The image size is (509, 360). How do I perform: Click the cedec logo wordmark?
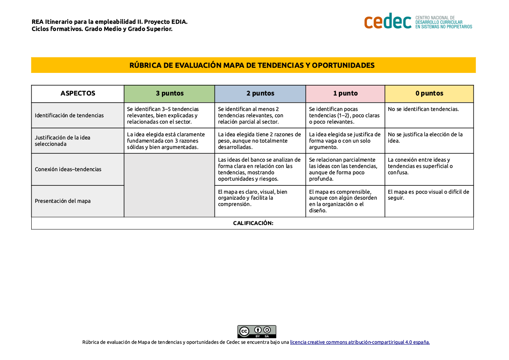click(x=387, y=21)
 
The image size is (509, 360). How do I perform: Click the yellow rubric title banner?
click(x=253, y=65)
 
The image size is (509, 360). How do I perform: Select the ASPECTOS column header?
click(x=78, y=93)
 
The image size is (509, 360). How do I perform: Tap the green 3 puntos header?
click(x=169, y=93)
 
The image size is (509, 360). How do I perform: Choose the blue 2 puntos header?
click(x=260, y=93)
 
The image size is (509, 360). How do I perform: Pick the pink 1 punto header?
click(x=345, y=93)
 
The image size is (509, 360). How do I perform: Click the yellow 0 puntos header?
click(x=429, y=93)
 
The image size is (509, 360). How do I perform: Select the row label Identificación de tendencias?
click(x=69, y=115)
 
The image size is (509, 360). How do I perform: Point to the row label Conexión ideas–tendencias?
click(x=68, y=169)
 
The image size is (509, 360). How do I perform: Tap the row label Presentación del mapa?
click(x=63, y=201)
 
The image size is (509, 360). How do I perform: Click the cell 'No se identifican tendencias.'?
click(x=423, y=109)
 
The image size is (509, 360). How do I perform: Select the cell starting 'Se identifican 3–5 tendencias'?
click(x=163, y=115)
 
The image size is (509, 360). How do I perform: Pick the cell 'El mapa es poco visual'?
click(x=428, y=195)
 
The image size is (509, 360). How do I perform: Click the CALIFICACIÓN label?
click(x=253, y=223)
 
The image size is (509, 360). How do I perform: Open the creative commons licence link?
click(x=359, y=342)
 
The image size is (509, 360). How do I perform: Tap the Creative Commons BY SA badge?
click(x=256, y=331)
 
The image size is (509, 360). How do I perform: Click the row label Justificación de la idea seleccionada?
click(x=63, y=141)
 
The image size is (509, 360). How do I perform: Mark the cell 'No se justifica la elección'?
click(x=425, y=137)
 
